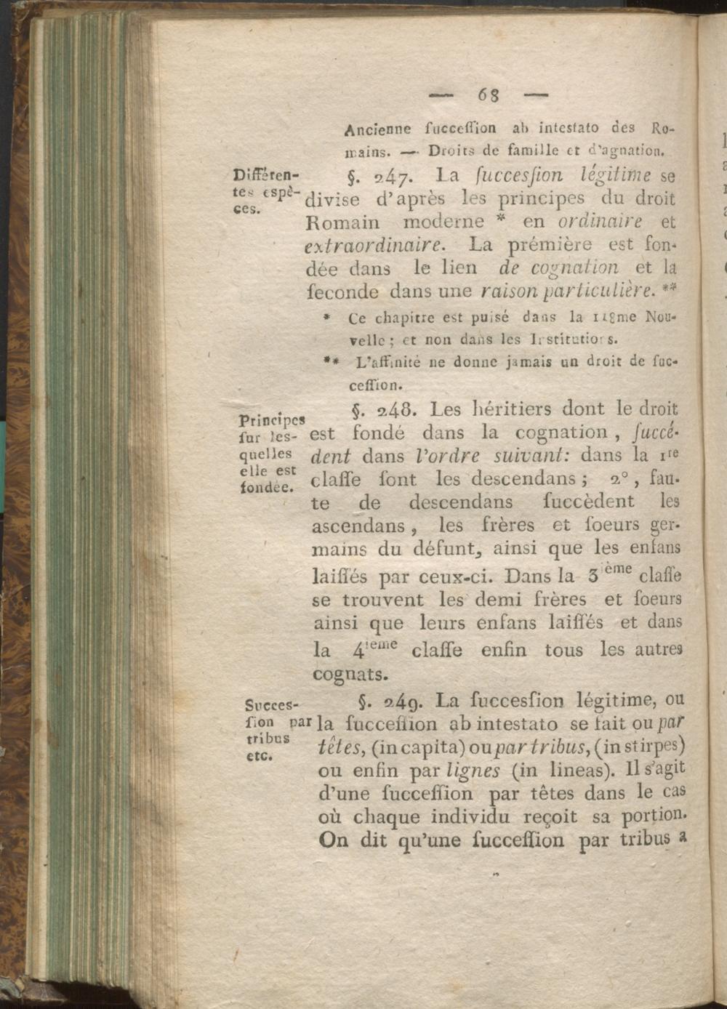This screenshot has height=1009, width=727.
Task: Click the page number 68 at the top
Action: [x=488, y=94]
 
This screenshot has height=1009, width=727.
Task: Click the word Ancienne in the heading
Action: [x=377, y=129]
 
